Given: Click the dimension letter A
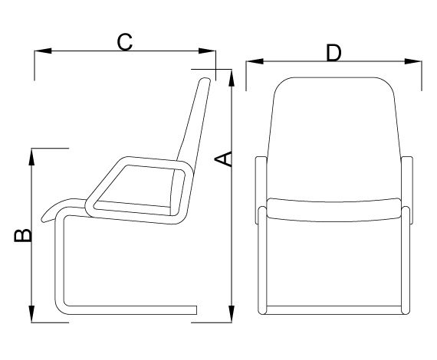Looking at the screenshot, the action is [x=223, y=159].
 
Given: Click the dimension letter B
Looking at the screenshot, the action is [x=23, y=235].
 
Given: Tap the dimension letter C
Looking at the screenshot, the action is [x=124, y=42].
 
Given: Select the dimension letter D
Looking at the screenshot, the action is [x=333, y=53].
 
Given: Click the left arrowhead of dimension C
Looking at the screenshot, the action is [x=43, y=51].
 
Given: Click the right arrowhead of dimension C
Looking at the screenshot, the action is [x=207, y=51].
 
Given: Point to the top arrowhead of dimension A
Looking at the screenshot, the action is [x=232, y=78].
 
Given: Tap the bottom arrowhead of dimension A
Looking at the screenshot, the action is [x=232, y=314].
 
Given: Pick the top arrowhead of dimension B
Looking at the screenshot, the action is [x=31, y=157].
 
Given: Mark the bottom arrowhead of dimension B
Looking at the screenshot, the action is [x=31, y=314].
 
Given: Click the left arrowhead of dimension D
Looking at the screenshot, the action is [x=255, y=61].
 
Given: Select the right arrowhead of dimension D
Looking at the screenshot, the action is [x=413, y=61].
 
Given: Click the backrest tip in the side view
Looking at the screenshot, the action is [x=206, y=80].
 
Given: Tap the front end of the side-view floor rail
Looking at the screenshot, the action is [x=196, y=310].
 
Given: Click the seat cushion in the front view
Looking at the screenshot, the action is [x=333, y=210].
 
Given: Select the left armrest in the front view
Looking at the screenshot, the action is [x=261, y=190].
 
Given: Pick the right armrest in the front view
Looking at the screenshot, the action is [x=407, y=190].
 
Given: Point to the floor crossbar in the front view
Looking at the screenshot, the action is [x=333, y=310].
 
